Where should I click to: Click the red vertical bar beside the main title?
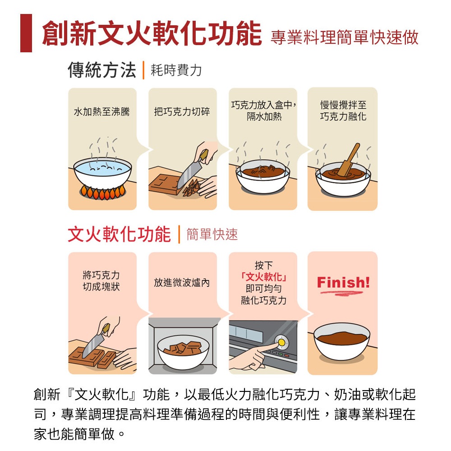tap(26, 33)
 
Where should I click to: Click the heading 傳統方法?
tap(102, 70)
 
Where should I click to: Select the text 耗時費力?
tap(176, 70)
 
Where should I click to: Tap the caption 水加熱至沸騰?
tap(102, 111)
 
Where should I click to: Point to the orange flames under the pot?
tap(103, 192)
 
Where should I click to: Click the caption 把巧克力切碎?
tap(182, 111)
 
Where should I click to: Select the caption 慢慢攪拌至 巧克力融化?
tap(343, 111)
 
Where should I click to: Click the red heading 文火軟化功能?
tap(119, 234)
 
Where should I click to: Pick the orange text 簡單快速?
tap(212, 235)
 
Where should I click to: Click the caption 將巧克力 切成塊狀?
tap(101, 281)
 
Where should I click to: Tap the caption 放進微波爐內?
tap(182, 282)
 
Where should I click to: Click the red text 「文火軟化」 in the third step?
tap(264, 277)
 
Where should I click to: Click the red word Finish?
tap(343, 282)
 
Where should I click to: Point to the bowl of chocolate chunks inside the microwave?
tap(183, 352)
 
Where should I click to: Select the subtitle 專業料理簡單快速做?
tap(344, 37)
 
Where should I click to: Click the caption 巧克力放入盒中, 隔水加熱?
tap(264, 111)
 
